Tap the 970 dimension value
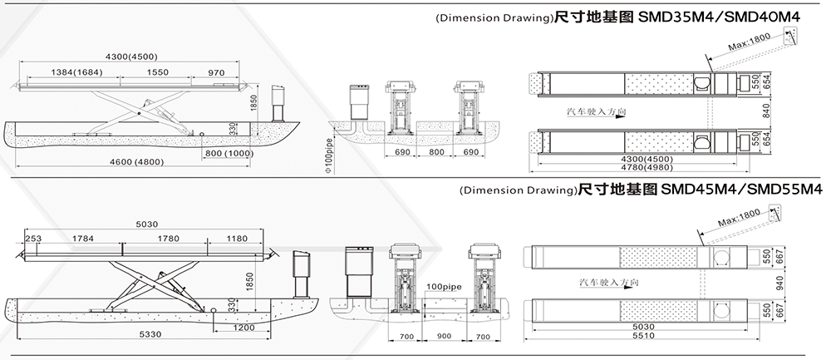coord(218,73)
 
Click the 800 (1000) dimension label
coord(227,154)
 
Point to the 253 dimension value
coord(33,239)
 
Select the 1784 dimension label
coord(83,239)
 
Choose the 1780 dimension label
coord(168,239)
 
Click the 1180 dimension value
coord(238,239)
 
